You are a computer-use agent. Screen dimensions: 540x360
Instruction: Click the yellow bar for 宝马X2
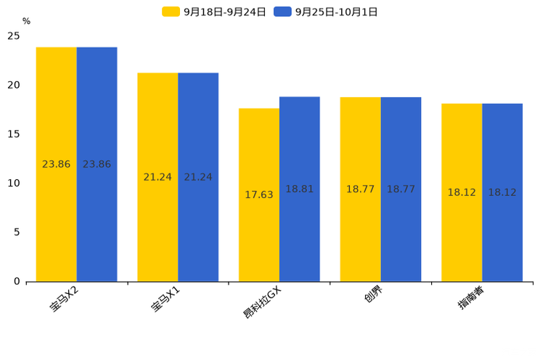point(57,164)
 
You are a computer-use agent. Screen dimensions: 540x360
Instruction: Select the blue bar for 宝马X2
point(97,164)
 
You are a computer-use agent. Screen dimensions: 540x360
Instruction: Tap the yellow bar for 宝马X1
point(157,177)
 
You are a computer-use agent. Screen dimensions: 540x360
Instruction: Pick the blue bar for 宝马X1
point(198,177)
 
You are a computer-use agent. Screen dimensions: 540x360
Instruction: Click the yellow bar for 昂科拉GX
point(259,195)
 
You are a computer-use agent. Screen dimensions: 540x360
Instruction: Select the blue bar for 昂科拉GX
point(300,189)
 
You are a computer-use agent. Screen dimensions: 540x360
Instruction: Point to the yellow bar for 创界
point(361,189)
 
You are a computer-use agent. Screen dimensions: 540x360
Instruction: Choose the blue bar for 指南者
point(502,192)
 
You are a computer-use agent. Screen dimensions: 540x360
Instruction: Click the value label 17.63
point(259,195)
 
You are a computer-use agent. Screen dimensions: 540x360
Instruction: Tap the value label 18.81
point(300,189)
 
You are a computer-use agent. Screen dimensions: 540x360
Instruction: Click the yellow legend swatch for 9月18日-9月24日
point(171,12)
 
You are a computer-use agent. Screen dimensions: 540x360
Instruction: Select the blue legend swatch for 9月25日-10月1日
point(282,12)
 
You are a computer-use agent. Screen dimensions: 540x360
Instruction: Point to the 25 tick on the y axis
point(14,36)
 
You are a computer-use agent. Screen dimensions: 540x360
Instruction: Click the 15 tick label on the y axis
point(14,134)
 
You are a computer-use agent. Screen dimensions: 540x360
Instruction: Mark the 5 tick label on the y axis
point(17,232)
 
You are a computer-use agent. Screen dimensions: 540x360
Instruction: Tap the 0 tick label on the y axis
point(17,282)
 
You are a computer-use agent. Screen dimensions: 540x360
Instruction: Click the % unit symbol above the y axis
point(27,21)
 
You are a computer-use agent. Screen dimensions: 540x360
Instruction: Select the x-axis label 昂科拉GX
point(262,303)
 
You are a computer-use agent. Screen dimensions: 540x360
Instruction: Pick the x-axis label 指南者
point(471,298)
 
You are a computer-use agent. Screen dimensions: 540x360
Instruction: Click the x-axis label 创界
point(373,295)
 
